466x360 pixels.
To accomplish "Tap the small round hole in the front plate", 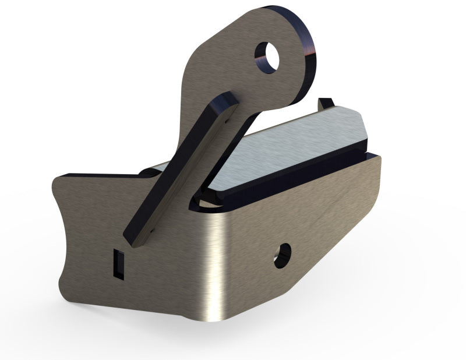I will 283,253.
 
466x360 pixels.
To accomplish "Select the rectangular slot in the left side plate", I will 118,262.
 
